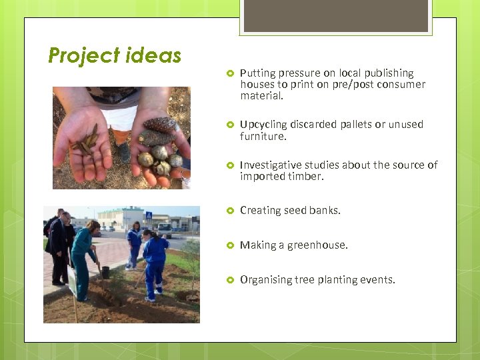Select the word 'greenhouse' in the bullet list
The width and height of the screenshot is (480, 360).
point(317,245)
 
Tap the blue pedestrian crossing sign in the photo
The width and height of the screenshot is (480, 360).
point(149,216)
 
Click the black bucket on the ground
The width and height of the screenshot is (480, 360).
point(105,272)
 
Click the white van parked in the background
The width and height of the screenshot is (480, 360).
point(163,230)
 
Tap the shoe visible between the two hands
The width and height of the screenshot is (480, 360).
point(123,152)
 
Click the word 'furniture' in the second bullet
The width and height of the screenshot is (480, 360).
point(263,137)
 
